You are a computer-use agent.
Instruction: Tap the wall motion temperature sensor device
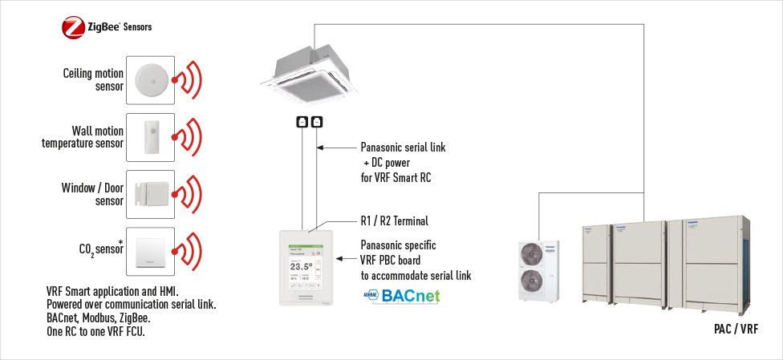pyautogui.click(x=150, y=137)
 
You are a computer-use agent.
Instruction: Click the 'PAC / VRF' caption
pyautogui.click(x=736, y=330)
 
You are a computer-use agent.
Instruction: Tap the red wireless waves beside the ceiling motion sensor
pyautogui.click(x=189, y=79)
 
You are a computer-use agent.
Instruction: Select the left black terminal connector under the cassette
pyautogui.click(x=302, y=122)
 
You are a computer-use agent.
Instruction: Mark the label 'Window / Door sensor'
pyautogui.click(x=92, y=194)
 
